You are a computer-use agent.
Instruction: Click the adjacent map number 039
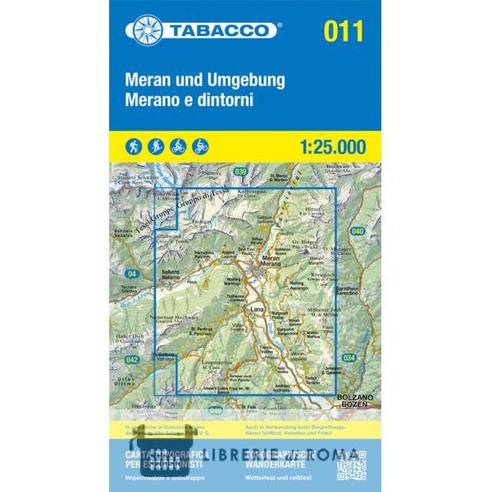click(x=240, y=171)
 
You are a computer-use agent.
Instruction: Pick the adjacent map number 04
click(x=133, y=273)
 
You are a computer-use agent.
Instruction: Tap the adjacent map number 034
click(x=350, y=358)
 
